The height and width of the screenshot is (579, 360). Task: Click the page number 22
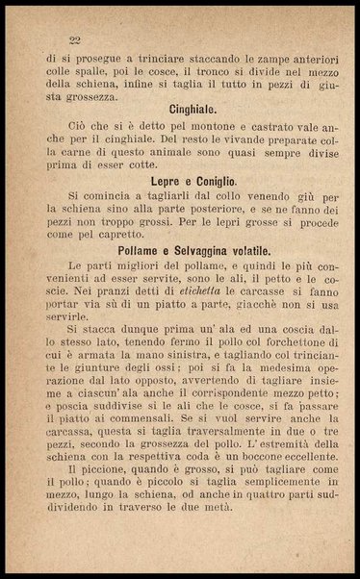click(74, 39)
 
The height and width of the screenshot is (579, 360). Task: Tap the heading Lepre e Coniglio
click(193, 181)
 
